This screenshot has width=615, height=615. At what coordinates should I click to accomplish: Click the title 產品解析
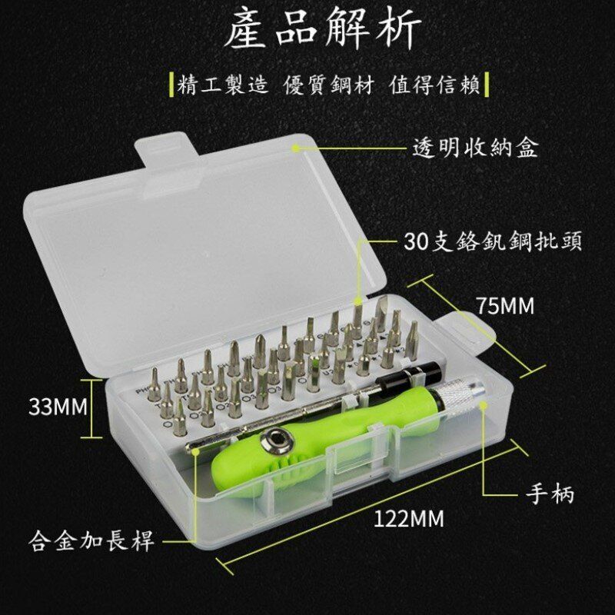(x=324, y=29)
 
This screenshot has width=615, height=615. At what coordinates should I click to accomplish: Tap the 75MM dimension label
(x=506, y=306)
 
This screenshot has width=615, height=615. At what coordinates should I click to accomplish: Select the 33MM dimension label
(x=58, y=407)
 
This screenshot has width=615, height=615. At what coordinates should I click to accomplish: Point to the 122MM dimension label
(x=409, y=518)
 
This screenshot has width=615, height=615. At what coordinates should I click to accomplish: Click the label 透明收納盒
(x=475, y=148)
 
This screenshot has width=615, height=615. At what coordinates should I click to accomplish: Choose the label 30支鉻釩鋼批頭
(x=493, y=241)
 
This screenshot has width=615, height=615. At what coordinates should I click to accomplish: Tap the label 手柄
(x=550, y=494)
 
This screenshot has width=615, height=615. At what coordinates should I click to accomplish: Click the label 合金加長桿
(x=91, y=541)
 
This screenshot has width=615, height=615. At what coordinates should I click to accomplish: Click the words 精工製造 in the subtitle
(x=223, y=85)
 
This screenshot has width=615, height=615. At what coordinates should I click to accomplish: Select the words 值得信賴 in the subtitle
(x=434, y=85)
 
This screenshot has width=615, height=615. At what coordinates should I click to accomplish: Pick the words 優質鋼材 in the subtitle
(x=329, y=85)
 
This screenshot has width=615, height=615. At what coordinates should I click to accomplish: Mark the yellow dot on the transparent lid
(x=297, y=148)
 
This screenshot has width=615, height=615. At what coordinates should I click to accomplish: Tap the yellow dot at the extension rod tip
(x=195, y=450)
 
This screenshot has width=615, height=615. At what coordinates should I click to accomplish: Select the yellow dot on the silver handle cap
(x=484, y=407)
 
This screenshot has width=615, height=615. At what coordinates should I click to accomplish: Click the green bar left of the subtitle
(x=171, y=85)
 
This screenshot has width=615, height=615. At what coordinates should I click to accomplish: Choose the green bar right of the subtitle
(x=487, y=85)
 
